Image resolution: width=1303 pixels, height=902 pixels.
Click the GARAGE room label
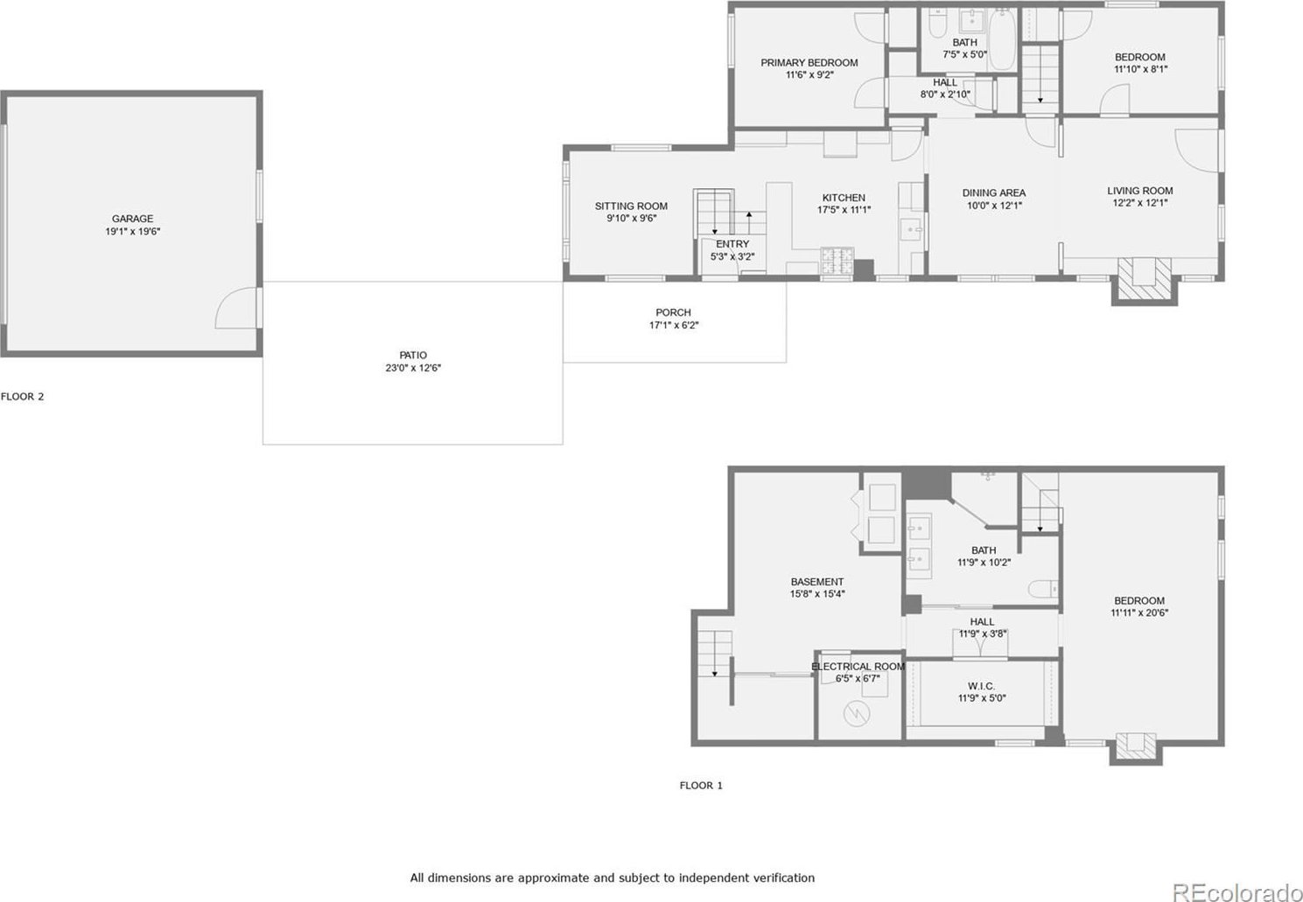click(133, 219)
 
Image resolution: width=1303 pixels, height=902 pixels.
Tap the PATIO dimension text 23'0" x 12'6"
click(413, 367)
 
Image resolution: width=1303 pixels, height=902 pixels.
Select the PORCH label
click(673, 312)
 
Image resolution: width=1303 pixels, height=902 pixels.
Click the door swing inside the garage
click(235, 308)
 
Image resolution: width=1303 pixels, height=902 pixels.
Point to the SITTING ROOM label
click(631, 206)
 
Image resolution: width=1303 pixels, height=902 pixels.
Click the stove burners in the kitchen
click(837, 261)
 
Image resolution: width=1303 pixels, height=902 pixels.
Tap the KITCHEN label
click(844, 198)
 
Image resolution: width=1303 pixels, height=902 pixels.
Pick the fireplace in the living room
click(1145, 280)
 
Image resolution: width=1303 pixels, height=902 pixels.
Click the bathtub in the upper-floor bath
click(1002, 39)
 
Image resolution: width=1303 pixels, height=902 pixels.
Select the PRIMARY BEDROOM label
click(809, 63)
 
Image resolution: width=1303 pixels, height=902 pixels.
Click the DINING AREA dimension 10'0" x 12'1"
click(994, 206)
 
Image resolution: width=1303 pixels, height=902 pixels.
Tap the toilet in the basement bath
click(1043, 589)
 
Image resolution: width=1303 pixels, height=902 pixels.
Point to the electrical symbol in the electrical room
click(856, 714)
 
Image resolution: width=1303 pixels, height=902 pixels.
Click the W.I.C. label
click(981, 686)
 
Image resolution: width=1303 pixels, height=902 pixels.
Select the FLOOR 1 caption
click(701, 785)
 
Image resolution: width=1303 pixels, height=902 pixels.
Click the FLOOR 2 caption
click(22, 396)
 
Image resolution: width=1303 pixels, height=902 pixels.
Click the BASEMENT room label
click(816, 582)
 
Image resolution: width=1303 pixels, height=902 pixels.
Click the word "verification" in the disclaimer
click(784, 878)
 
